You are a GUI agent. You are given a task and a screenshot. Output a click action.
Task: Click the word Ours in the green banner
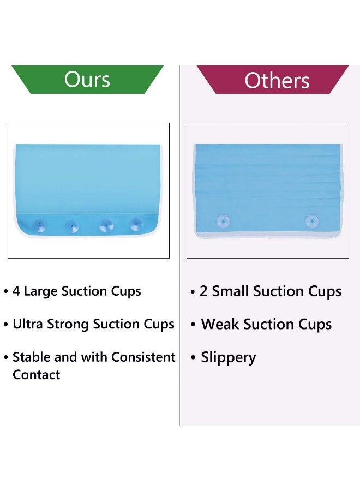87,79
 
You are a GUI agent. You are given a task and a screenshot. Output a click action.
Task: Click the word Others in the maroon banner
277,81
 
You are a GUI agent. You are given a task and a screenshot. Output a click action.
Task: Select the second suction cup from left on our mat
73,226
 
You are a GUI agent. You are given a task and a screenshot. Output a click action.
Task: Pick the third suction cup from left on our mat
106,225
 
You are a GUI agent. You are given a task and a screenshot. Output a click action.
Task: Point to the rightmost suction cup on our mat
136,224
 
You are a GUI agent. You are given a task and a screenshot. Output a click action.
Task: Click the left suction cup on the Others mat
223,221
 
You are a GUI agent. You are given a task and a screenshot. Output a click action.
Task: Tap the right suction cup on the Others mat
312,221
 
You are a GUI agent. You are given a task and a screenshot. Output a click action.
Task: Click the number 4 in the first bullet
16,291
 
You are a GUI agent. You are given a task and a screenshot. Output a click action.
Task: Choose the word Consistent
143,357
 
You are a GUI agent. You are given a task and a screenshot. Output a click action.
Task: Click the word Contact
37,375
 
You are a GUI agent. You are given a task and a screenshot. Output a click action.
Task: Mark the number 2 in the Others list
203,291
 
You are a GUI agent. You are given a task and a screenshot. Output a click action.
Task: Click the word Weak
220,324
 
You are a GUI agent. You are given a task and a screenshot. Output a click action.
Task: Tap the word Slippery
229,358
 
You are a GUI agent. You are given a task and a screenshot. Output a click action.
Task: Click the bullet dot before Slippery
193,357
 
